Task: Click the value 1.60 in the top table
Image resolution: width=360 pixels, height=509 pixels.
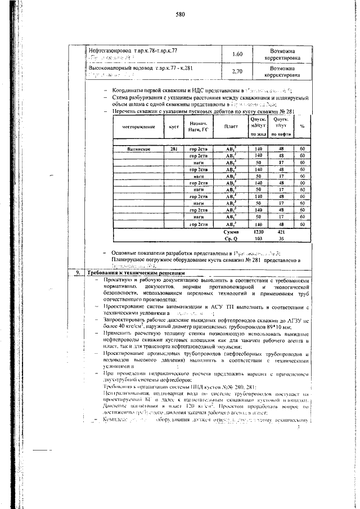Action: [237, 55]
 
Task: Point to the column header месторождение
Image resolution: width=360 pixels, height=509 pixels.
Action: [137, 126]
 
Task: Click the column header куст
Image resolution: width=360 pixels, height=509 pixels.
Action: [174, 126]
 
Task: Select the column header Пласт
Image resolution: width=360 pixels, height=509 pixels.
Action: [231, 126]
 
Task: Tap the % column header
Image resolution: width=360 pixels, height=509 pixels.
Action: [302, 126]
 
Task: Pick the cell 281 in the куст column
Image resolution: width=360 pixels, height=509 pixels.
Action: [174, 149]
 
